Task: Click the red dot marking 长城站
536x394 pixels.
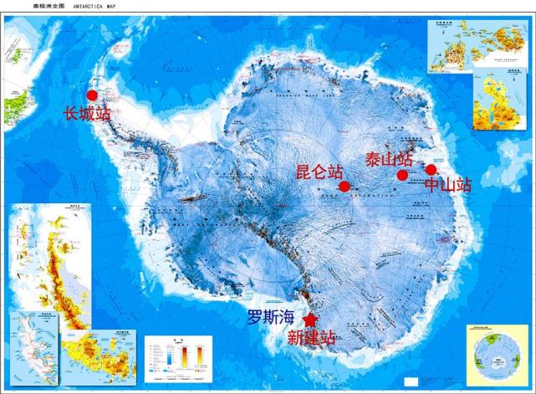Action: click(92, 95)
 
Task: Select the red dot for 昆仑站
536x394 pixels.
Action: click(344, 186)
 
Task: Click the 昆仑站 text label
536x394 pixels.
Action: click(320, 171)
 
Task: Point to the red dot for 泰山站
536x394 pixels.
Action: click(402, 176)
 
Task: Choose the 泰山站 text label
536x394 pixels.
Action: click(389, 159)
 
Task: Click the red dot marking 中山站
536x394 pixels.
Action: click(431, 170)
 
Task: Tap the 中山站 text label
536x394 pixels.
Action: click(448, 184)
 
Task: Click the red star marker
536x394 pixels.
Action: click(310, 320)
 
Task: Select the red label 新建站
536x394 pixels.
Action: click(311, 338)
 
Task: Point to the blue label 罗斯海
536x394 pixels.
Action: click(270, 318)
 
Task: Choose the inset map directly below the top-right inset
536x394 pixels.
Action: click(499, 102)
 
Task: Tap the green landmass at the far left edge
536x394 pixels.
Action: click(15, 107)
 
